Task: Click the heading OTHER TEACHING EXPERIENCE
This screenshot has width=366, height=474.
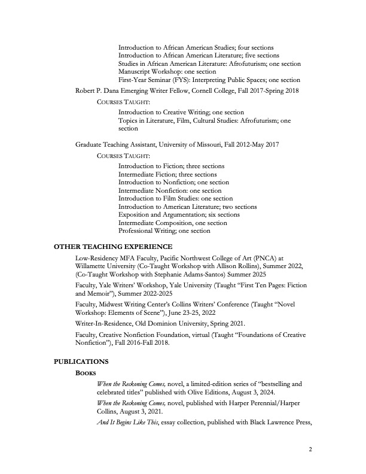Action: coord(113,247)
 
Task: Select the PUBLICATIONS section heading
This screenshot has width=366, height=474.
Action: coord(81,361)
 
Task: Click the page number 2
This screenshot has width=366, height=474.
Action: coord(310,450)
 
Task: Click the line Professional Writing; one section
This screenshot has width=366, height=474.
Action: coord(164,230)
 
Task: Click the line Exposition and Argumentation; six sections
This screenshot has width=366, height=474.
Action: coord(179,214)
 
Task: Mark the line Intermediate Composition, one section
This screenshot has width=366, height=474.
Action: coord(172,223)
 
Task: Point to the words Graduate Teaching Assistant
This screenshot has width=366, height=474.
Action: coord(112,145)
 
